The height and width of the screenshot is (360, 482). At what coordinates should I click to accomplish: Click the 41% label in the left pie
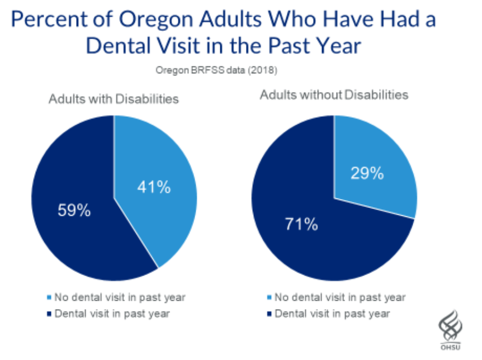click(154, 187)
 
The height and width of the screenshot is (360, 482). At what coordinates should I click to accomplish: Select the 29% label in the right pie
click(367, 173)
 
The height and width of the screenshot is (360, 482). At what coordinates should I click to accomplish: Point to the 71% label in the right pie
click(301, 225)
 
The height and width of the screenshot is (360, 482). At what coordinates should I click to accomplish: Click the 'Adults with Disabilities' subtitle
click(114, 99)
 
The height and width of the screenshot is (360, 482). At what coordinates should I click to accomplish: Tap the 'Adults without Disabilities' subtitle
click(334, 95)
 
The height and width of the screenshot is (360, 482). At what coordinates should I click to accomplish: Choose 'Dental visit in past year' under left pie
click(112, 314)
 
